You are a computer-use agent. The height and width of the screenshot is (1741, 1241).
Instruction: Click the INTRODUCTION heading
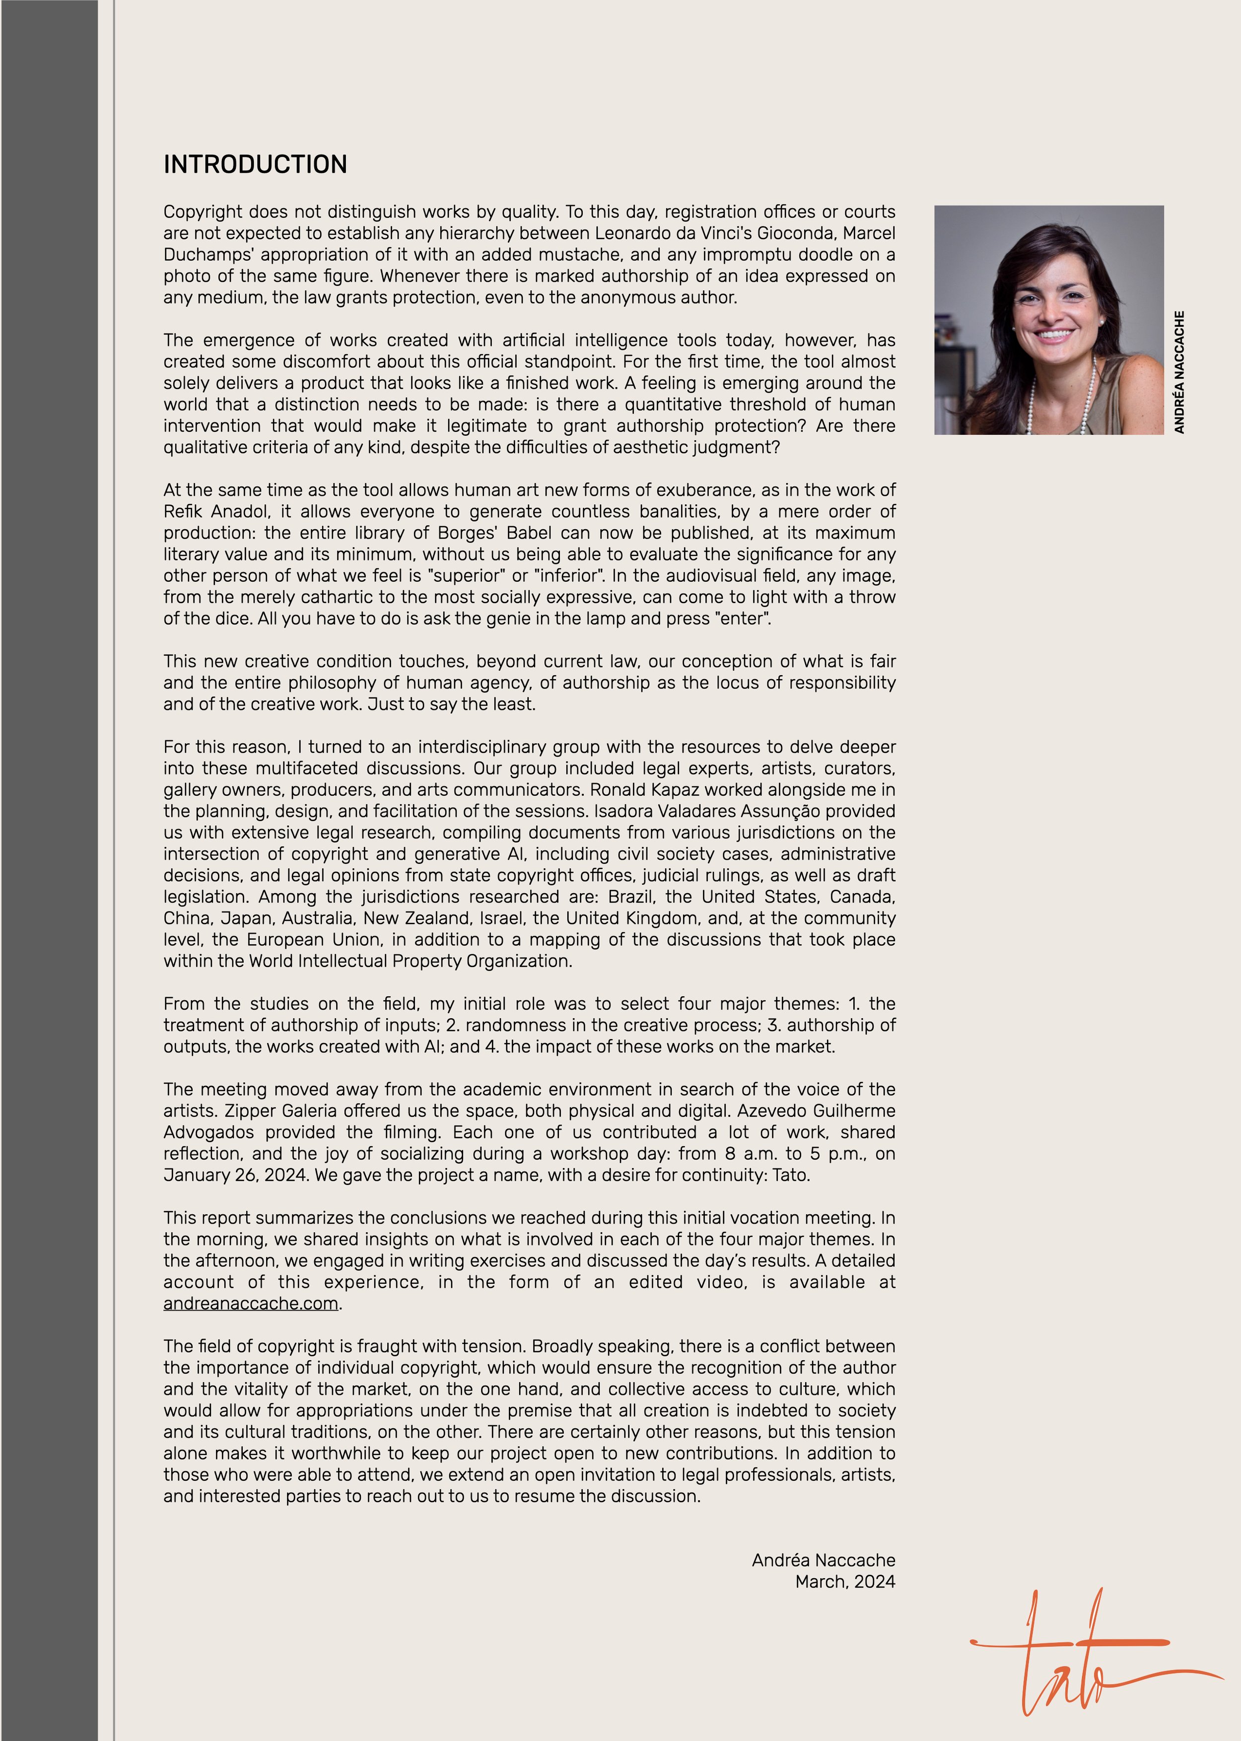click(255, 164)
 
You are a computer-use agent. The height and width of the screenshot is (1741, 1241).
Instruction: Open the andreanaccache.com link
click(251, 1303)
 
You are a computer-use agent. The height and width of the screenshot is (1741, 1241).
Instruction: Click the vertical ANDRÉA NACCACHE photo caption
click(1179, 372)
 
